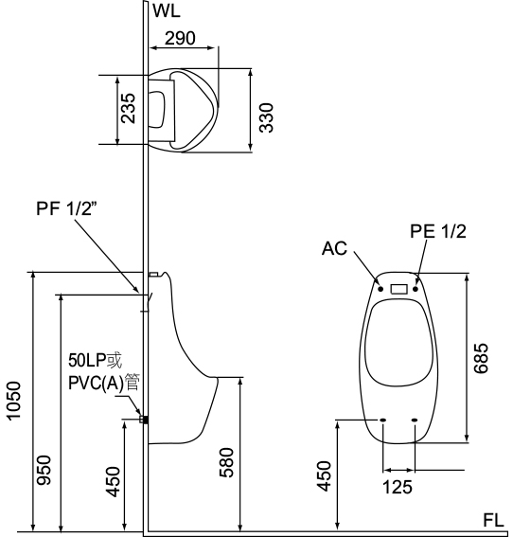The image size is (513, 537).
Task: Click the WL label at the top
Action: tap(167, 10)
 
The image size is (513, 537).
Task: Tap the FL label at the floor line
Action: tap(493, 520)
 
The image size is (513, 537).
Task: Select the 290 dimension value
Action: tap(180, 38)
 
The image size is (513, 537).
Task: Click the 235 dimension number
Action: tap(129, 108)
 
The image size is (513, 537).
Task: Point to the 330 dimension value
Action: tap(266, 117)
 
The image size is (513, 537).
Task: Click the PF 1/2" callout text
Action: tap(64, 208)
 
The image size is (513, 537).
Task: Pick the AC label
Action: tap(334, 249)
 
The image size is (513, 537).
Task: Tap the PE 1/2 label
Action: tap(438, 231)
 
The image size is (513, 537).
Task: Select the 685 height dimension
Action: tap(481, 358)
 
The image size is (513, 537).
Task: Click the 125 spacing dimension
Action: tap(397, 487)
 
